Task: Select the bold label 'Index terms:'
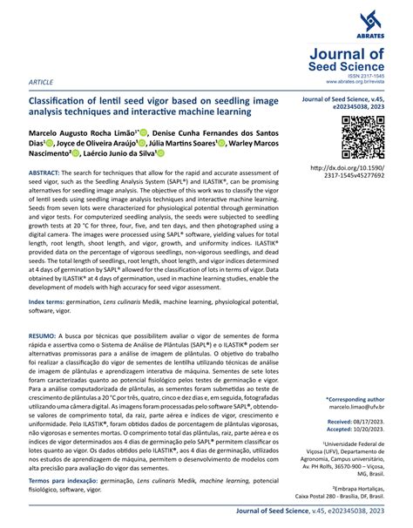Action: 53,300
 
